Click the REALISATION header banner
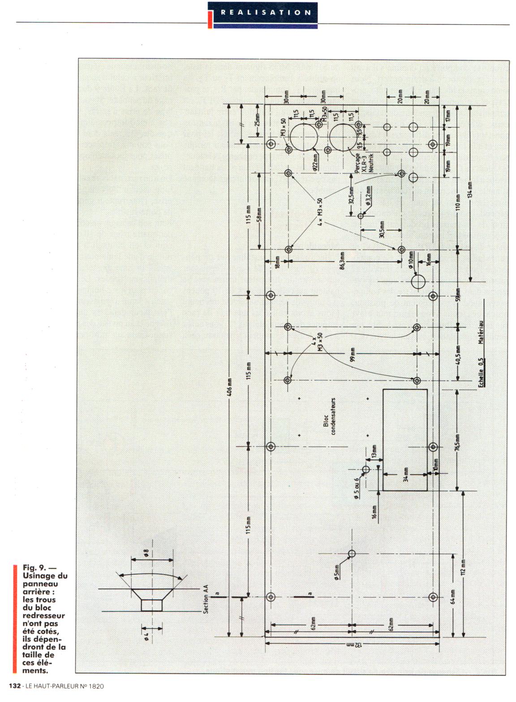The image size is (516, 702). click(265, 13)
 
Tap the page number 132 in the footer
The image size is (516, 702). click(15, 685)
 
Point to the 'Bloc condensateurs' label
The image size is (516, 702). click(329, 417)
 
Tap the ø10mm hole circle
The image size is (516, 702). click(418, 282)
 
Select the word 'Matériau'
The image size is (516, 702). click(481, 332)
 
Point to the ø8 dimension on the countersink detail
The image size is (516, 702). click(146, 553)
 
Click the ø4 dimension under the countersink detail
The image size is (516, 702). click(146, 636)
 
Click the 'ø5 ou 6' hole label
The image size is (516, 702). click(357, 488)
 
